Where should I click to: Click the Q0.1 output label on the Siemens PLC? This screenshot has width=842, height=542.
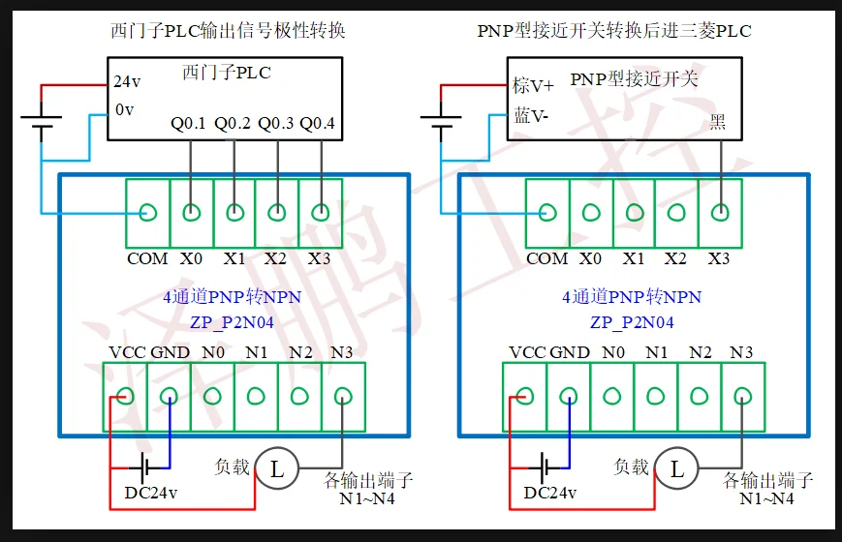click(189, 124)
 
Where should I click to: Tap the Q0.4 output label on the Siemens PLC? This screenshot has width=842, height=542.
click(318, 124)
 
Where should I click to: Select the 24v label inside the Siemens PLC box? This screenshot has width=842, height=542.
click(127, 82)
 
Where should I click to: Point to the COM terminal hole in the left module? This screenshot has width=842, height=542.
click(148, 212)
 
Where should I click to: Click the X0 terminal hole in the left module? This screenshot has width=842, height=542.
click(192, 212)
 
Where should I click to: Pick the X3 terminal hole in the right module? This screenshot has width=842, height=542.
click(720, 212)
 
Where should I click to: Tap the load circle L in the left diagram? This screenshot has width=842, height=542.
click(276, 470)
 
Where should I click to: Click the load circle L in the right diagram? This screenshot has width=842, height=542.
click(676, 470)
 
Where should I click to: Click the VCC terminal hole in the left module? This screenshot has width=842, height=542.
click(125, 395)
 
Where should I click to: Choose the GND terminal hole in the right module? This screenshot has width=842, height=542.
click(569, 395)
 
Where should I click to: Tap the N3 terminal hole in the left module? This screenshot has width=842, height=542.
click(342, 395)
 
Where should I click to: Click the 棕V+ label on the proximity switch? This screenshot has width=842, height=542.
click(532, 87)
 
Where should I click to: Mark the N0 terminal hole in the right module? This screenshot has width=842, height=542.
click(612, 395)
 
